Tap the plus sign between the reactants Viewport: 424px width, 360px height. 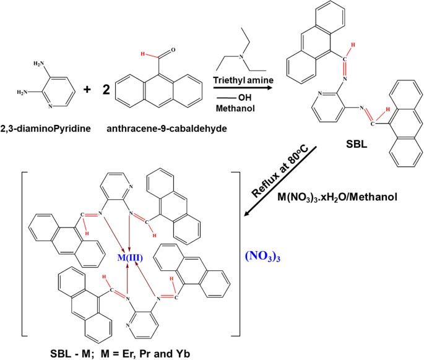pyautogui.click(x=87, y=90)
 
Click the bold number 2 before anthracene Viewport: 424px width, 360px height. pyautogui.click(x=106, y=90)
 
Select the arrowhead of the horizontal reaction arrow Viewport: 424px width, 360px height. pyautogui.click(x=272, y=88)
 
